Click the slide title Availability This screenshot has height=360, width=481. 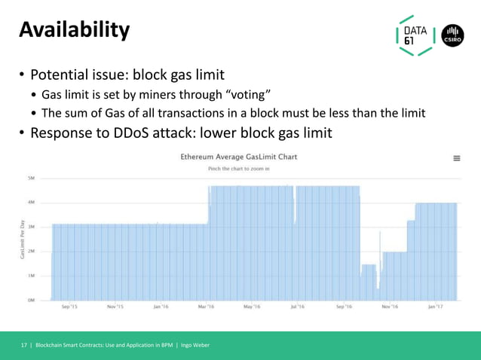(74, 30)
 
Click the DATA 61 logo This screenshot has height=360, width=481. (415, 35)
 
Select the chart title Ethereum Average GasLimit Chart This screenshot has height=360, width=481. (238, 157)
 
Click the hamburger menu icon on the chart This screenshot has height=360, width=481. (456, 159)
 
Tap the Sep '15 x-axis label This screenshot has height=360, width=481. (69, 307)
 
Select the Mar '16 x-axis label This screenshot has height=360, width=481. (206, 307)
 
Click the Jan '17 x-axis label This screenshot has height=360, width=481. (435, 307)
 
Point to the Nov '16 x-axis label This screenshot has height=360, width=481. (390, 307)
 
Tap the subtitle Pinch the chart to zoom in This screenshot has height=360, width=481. (238, 169)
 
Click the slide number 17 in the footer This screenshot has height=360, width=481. (23, 345)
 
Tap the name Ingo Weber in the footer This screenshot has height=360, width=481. (195, 345)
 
